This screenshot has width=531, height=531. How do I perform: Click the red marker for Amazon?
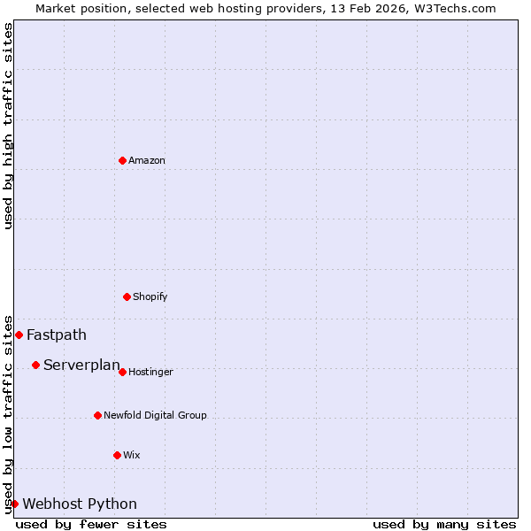pos(122,160)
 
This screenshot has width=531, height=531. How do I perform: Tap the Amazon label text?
pos(147,161)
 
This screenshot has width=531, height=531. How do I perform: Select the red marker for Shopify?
pos(127,296)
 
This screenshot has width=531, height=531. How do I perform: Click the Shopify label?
pos(150,297)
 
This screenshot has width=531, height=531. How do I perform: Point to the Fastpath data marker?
pos(19,335)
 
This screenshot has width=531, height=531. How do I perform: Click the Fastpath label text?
pos(57,335)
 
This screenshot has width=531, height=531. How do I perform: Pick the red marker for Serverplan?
pos(35,365)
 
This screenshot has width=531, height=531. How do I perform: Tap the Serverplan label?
pos(81,366)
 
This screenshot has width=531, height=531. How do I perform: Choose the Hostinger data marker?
pos(122,372)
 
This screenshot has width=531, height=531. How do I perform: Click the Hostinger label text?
pos(150,373)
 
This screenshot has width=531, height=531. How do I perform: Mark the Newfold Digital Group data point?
pos(97,415)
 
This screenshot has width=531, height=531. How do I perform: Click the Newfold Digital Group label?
pos(155,416)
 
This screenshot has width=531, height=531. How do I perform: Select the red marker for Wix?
pos(117,455)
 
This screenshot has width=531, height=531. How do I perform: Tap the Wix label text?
pos(132,456)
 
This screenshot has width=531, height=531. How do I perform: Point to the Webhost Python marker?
pos(14,504)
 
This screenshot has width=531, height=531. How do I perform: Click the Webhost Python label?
pos(80,504)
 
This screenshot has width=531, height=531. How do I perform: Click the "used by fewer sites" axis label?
pos(91,525)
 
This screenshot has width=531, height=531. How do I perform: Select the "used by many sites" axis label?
pos(444,525)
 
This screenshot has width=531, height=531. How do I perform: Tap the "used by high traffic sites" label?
pos(8,126)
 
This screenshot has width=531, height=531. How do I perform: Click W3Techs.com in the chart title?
pos(455,8)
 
